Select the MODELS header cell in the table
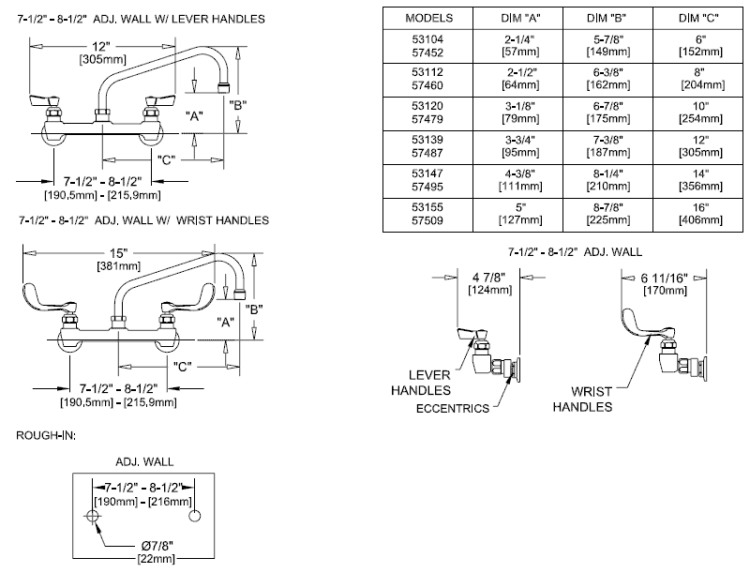[x=428, y=18]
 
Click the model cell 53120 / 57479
[x=428, y=113]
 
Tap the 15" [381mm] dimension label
[x=115, y=259]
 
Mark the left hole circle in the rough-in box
[x=93, y=518]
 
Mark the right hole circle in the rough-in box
[x=194, y=518]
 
